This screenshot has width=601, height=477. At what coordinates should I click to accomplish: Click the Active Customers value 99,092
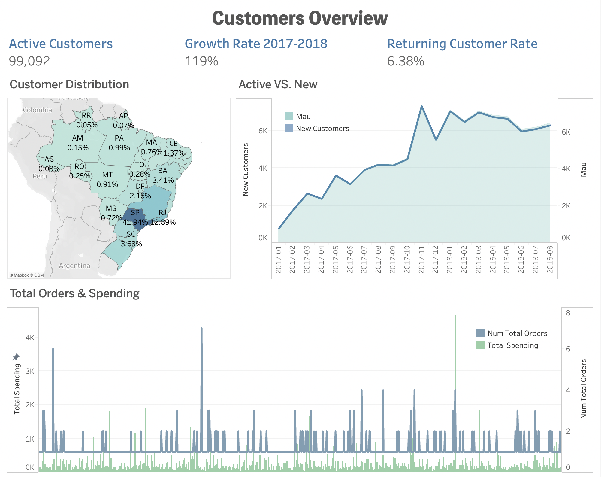pyautogui.click(x=29, y=61)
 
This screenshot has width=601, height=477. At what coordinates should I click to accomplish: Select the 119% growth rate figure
pyautogui.click(x=201, y=61)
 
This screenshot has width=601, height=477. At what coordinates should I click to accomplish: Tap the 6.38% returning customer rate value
pyautogui.click(x=405, y=61)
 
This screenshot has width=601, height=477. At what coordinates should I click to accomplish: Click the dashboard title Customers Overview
pyautogui.click(x=300, y=18)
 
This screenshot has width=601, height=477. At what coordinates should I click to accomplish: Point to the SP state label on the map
pyautogui.click(x=135, y=213)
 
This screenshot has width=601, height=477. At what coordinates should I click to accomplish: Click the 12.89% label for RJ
pyautogui.click(x=163, y=222)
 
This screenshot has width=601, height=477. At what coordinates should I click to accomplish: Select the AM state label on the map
pyautogui.click(x=77, y=138)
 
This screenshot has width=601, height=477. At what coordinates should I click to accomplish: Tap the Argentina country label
pyautogui.click(x=74, y=266)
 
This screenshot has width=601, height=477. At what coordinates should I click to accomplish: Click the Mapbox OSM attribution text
pyautogui.click(x=26, y=275)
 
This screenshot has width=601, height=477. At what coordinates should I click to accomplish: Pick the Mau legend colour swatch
pyautogui.click(x=288, y=116)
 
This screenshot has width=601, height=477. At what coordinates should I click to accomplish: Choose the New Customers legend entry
pyautogui.click(x=322, y=129)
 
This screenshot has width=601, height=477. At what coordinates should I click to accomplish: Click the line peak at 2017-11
pyautogui.click(x=421, y=106)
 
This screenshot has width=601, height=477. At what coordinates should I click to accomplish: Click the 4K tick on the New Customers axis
pyautogui.click(x=263, y=168)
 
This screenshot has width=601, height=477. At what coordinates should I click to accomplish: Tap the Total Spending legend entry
pyautogui.click(x=512, y=345)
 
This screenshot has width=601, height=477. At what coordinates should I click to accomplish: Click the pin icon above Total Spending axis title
pyautogui.click(x=16, y=357)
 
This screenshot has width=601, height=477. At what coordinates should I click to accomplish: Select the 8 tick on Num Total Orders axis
pyautogui.click(x=568, y=313)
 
